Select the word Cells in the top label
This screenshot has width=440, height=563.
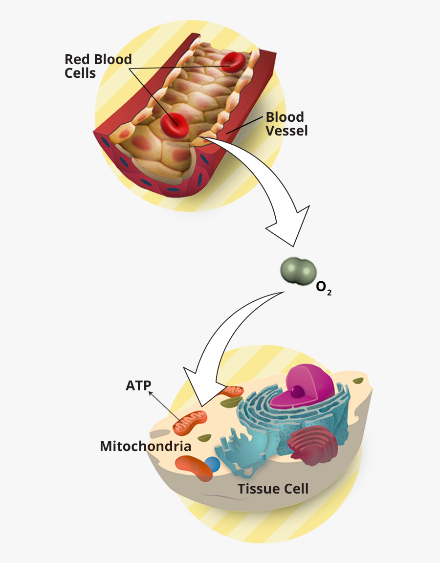point(80,73)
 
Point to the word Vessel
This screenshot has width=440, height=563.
point(287,131)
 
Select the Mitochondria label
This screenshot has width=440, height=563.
point(146,446)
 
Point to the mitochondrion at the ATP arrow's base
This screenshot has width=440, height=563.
point(190,423)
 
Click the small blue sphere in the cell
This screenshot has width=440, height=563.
point(212,465)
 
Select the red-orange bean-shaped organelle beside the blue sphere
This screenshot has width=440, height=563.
point(194,467)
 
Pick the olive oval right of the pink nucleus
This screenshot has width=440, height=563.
point(359,380)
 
